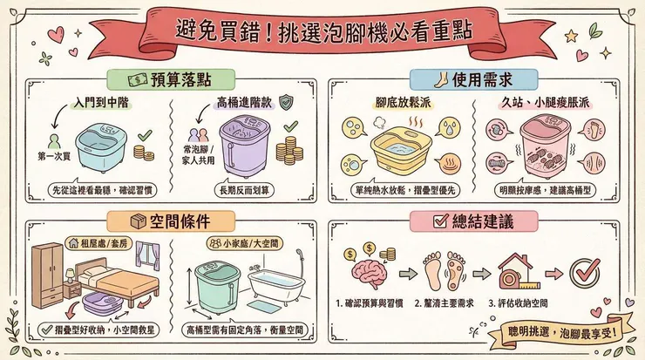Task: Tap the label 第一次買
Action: [x=51, y=157]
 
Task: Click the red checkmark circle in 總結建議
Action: [x=585, y=272]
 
